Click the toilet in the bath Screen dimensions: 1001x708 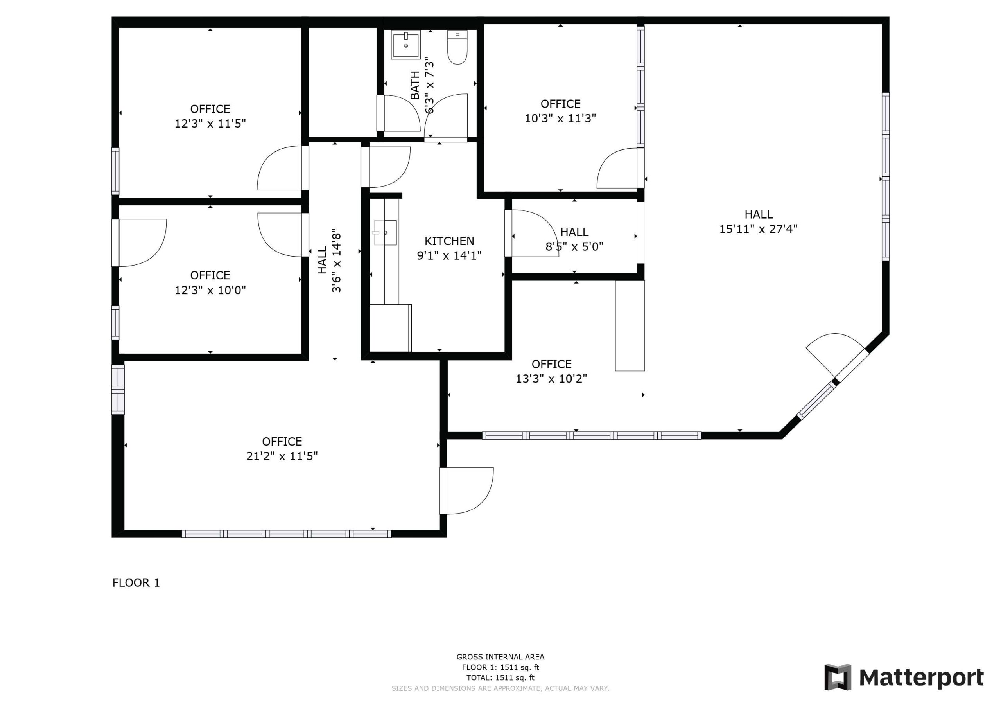coord(457,47)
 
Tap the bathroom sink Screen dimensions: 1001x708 coord(405,45)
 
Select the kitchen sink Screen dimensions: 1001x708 coord(385,233)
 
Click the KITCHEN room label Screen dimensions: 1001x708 coord(449,241)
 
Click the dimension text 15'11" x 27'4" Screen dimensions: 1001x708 coord(758,229)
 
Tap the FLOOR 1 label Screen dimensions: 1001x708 coord(136,583)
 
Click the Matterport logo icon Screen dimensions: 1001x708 coord(838,677)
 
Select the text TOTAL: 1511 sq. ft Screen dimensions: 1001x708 coord(500,677)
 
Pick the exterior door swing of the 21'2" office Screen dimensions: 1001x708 coord(467,491)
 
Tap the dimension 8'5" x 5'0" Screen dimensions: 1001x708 coord(574,247)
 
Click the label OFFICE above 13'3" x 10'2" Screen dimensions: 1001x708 coord(551,364)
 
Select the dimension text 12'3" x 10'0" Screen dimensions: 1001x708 coord(210,290)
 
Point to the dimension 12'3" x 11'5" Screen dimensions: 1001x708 coord(210,124)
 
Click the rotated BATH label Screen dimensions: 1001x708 coord(415,85)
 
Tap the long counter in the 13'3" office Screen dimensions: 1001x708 coord(630,326)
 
